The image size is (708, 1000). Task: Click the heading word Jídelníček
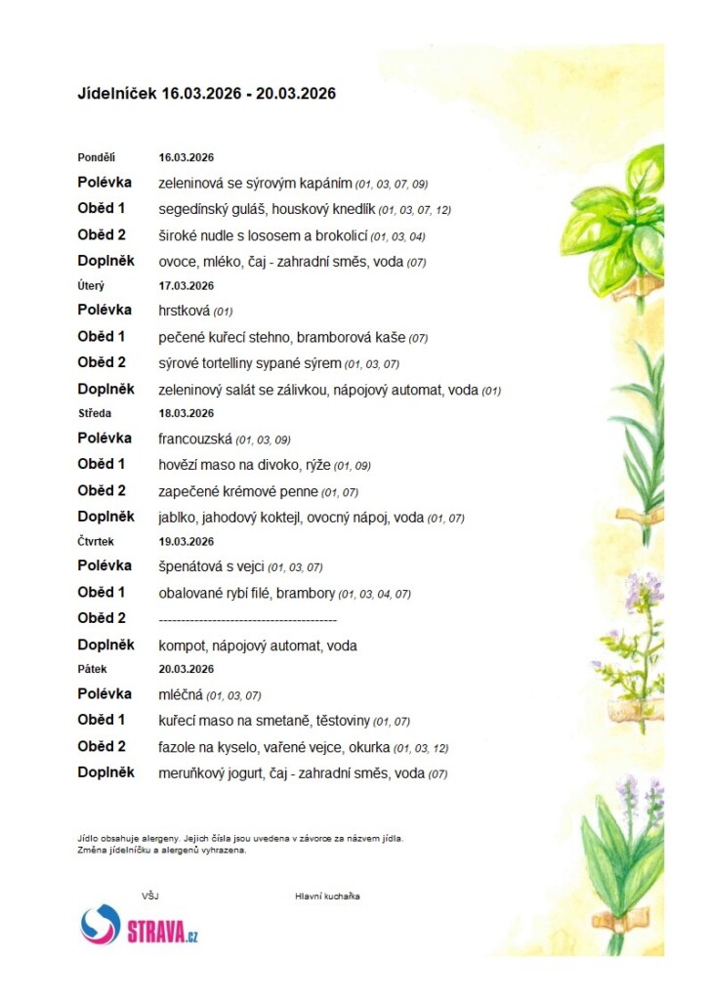pyautogui.click(x=116, y=94)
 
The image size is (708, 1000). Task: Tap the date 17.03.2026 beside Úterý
pyautogui.click(x=187, y=286)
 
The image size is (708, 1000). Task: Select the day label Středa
pyautogui.click(x=95, y=414)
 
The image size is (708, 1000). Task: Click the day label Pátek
pyautogui.click(x=92, y=670)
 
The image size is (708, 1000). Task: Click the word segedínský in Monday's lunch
pyautogui.click(x=191, y=209)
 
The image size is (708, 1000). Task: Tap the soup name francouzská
pyautogui.click(x=194, y=439)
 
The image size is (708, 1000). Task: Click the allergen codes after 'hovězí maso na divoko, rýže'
pyautogui.click(x=353, y=466)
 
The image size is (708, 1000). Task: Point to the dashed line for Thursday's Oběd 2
pyautogui.click(x=247, y=619)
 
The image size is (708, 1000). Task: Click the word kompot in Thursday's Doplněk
pyautogui.click(x=182, y=646)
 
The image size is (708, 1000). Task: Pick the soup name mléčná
pyautogui.click(x=181, y=695)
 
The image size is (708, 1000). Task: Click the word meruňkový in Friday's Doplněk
pyautogui.click(x=191, y=773)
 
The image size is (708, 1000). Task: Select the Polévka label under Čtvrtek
pyautogui.click(x=104, y=566)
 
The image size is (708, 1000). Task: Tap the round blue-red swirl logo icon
pyautogui.click(x=100, y=925)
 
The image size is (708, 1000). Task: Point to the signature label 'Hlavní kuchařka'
pyautogui.click(x=327, y=896)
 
